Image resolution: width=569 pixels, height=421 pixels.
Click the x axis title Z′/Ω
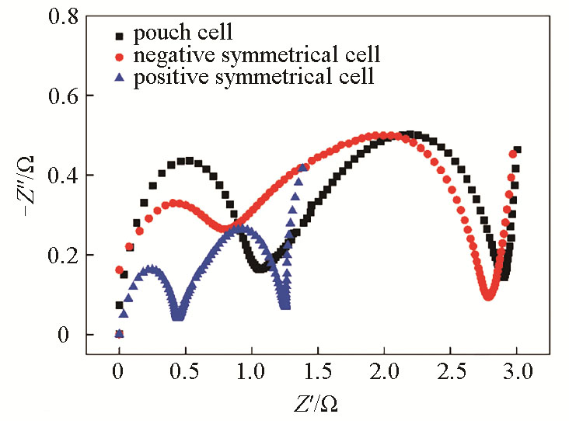tap(316, 403)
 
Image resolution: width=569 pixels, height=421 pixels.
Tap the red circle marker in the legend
tap(119, 57)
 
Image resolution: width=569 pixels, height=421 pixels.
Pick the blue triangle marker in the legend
tap(119, 76)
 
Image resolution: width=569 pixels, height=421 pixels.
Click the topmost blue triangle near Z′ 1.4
tap(302, 168)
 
